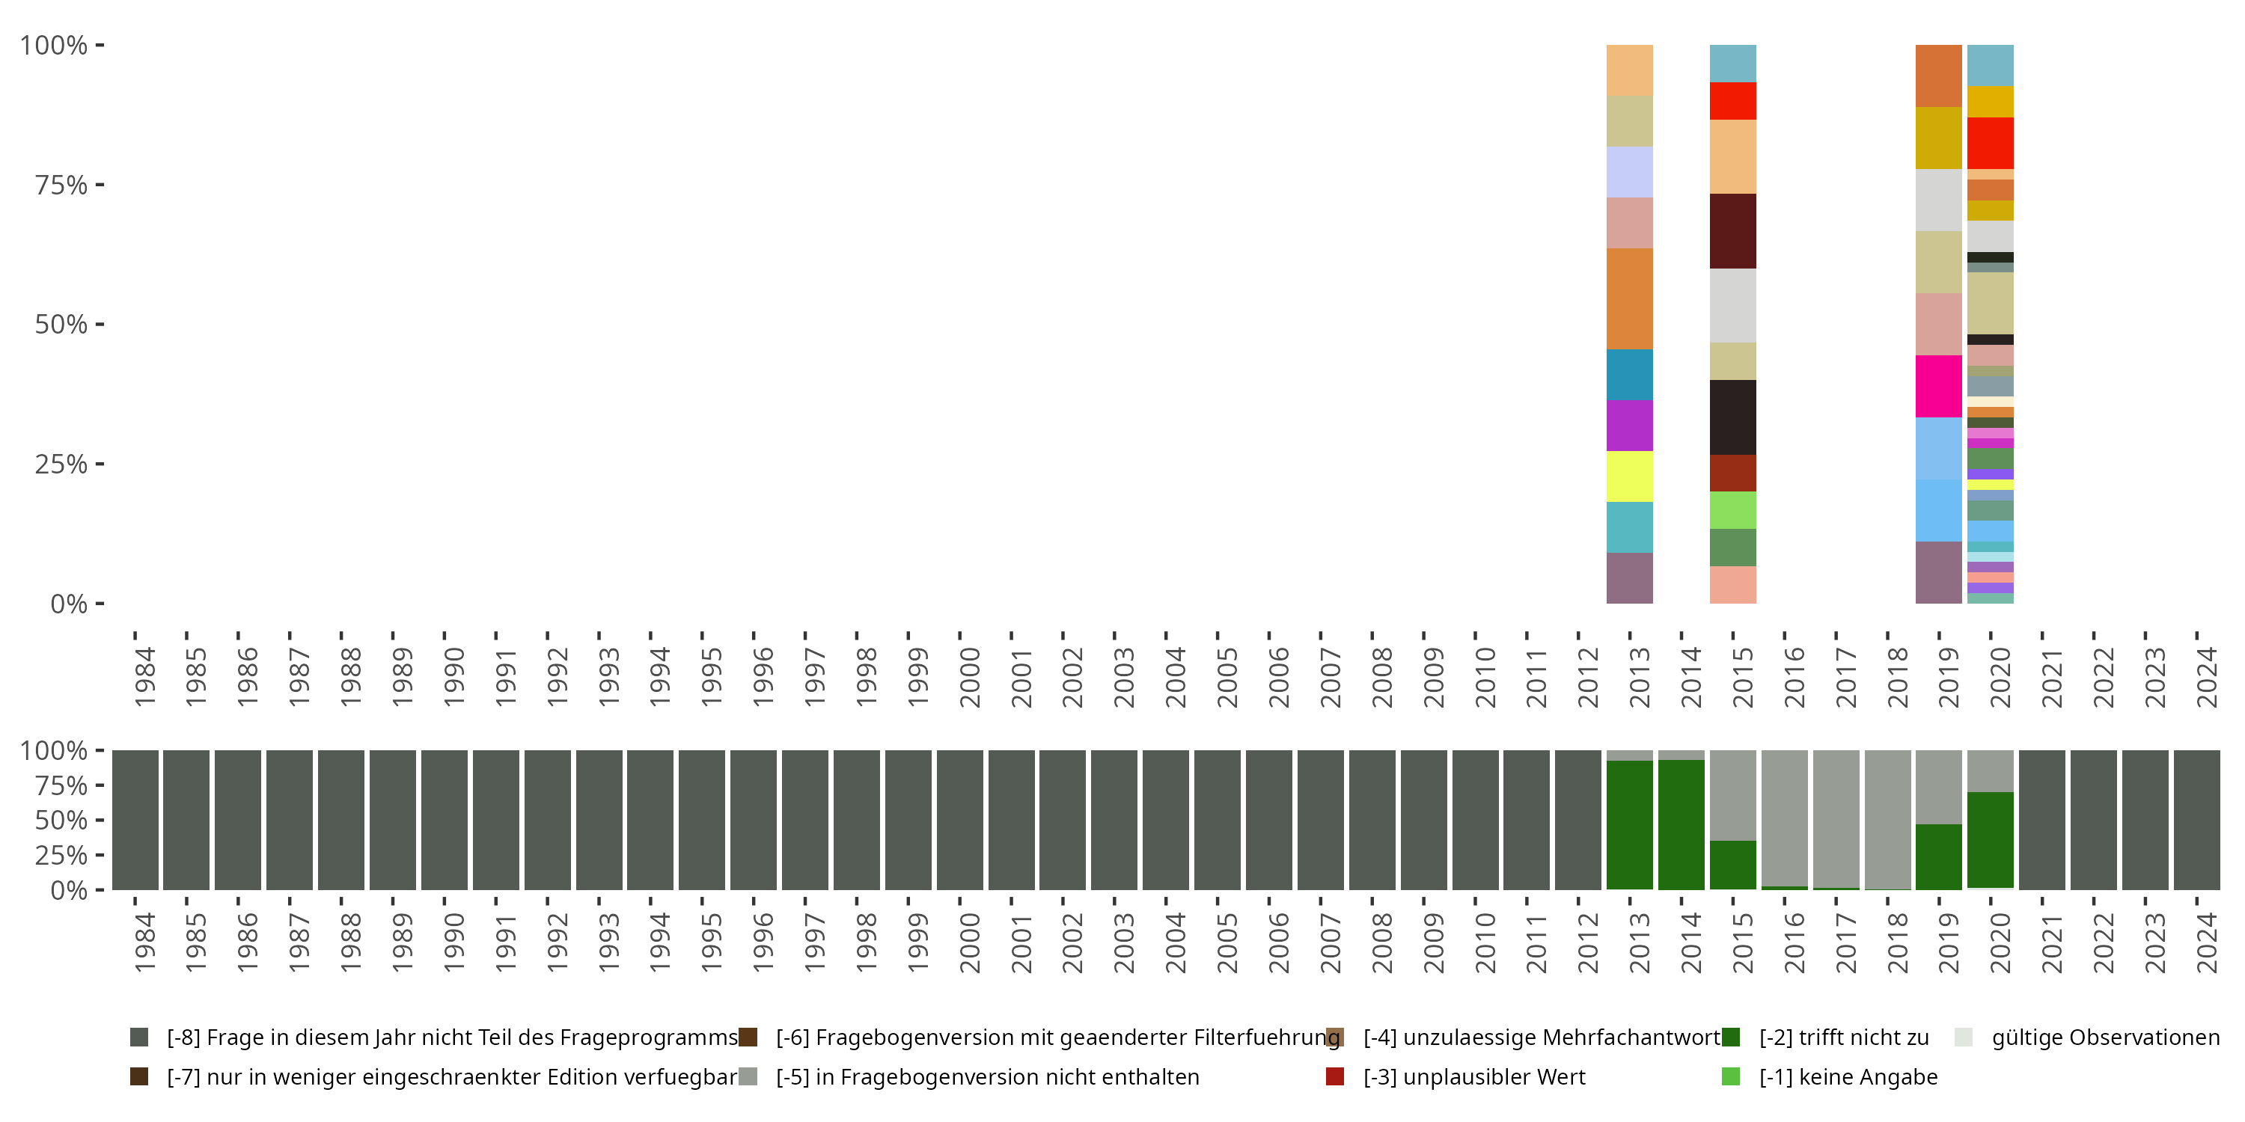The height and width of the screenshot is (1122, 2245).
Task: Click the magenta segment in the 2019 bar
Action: pos(1938,386)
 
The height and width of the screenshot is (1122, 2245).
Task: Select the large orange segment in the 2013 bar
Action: pos(1629,298)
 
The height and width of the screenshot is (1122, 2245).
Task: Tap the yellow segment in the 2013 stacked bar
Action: pos(1629,476)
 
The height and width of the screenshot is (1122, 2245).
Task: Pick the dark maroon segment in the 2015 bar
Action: pos(1732,231)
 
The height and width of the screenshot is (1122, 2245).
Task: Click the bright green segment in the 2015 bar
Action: pos(1732,509)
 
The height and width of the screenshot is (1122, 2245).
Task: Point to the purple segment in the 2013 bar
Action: pos(1629,425)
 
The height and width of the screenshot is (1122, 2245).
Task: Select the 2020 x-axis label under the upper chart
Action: pos(2000,677)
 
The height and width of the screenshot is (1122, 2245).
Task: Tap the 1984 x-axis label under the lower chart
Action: pos(144,942)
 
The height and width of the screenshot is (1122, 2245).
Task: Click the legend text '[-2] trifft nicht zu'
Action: pos(1843,1037)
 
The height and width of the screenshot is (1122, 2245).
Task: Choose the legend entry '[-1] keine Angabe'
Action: pos(1848,1076)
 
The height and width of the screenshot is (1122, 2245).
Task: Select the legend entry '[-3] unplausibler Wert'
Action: pos(1473,1076)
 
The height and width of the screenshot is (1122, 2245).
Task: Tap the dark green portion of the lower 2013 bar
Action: pos(1629,824)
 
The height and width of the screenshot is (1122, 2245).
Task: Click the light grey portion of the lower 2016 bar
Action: pos(1784,817)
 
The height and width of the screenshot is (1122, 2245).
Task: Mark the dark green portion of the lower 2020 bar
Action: pos(1990,840)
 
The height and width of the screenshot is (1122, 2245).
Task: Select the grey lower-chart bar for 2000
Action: pos(959,820)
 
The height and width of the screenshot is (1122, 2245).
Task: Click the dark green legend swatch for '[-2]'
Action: pos(1731,1037)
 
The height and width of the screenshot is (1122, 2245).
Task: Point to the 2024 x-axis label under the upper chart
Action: pos(2206,677)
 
